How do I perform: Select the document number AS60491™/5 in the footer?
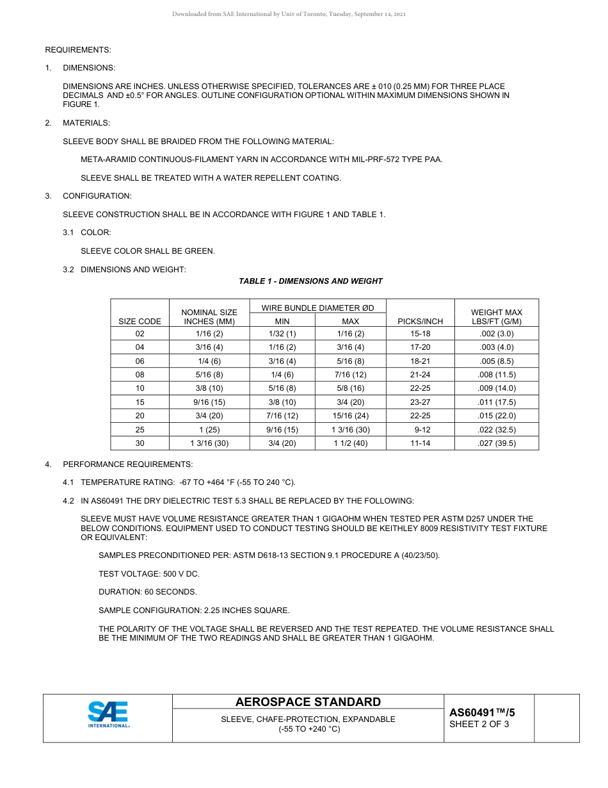[x=481, y=712]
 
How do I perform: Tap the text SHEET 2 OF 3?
[x=479, y=725]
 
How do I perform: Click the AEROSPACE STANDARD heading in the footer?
[x=308, y=702]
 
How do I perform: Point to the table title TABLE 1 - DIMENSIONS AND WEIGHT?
[x=310, y=281]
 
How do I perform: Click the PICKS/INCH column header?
[x=420, y=321]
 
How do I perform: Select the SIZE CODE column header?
[x=140, y=321]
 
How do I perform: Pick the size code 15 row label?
[x=140, y=402]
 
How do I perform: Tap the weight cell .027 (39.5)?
[x=496, y=443]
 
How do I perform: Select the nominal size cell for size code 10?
[x=209, y=388]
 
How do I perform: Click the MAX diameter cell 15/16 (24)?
[x=350, y=416]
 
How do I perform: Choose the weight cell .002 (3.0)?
[x=496, y=334]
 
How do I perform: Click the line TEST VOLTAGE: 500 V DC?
[x=148, y=574]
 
